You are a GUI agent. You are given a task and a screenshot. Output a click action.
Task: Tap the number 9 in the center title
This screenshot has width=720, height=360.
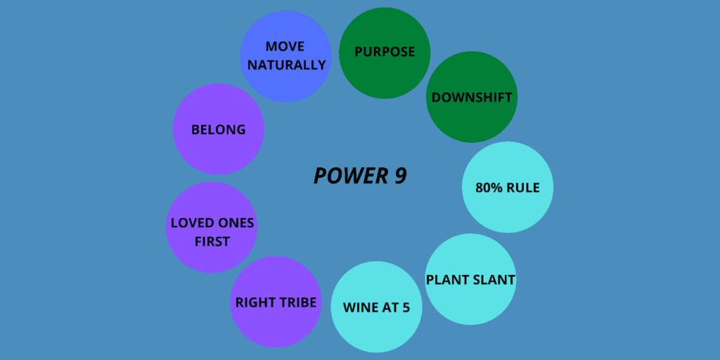[x=399, y=176]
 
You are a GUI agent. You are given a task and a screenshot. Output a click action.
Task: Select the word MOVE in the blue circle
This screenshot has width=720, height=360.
[x=285, y=46]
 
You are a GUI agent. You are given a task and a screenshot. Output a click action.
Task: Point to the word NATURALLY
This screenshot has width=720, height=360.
[x=286, y=65]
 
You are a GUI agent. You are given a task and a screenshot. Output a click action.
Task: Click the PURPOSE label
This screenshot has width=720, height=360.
[x=385, y=52]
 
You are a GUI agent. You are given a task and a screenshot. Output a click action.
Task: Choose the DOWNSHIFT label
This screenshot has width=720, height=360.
[x=472, y=97]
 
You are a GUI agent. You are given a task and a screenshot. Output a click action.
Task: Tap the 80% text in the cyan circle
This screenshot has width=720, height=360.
[x=490, y=188]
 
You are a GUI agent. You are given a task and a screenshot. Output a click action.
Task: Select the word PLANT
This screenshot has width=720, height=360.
[x=448, y=280]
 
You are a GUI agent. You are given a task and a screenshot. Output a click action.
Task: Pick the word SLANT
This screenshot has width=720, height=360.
[x=494, y=280]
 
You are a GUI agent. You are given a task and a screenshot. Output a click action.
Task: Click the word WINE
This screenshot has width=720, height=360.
[x=360, y=307]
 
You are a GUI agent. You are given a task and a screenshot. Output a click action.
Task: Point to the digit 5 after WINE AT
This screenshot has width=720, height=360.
[x=406, y=307]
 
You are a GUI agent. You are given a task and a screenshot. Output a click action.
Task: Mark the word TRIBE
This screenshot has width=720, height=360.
[x=296, y=303]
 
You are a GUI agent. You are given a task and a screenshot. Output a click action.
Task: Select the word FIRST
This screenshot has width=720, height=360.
[x=211, y=241]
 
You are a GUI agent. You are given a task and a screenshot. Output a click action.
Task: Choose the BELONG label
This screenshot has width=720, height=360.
[x=218, y=129]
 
